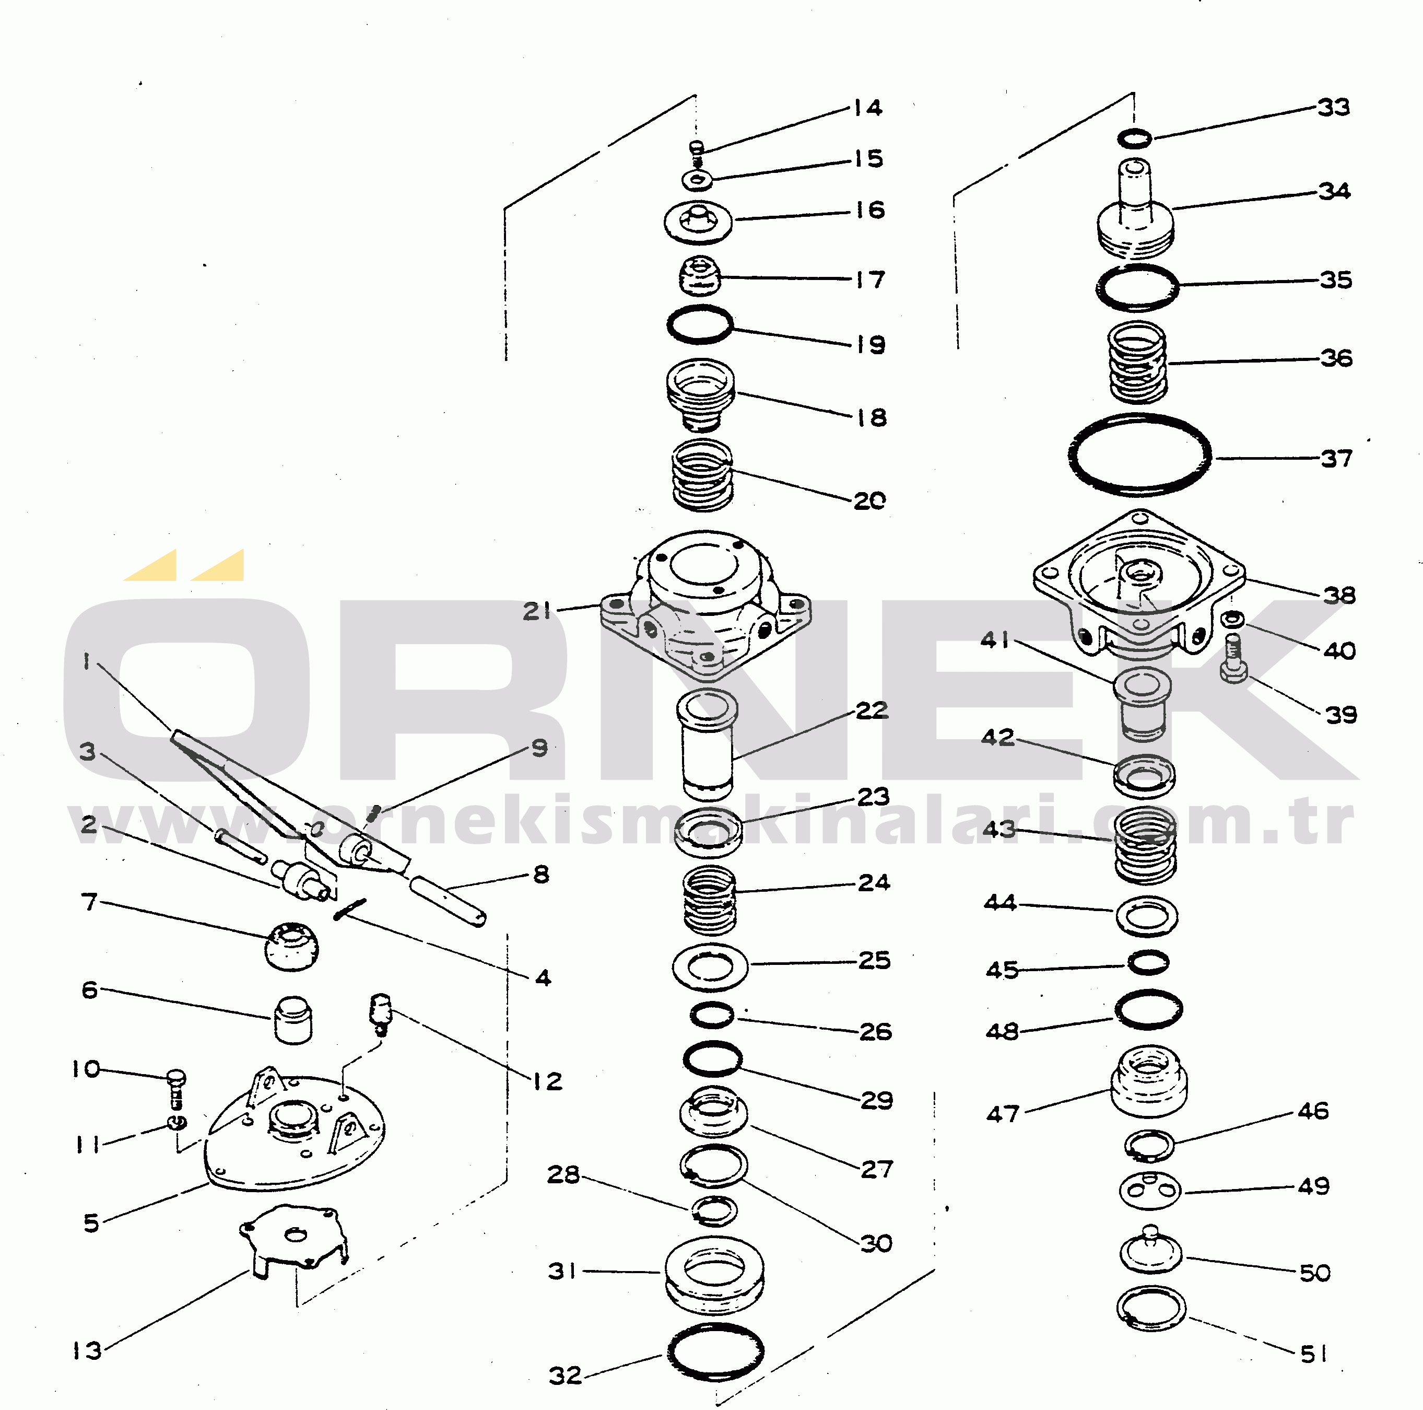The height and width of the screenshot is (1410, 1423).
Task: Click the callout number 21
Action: [536, 611]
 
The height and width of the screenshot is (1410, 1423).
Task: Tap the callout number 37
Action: [1336, 459]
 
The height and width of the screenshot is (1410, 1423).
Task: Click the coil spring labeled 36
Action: [1138, 363]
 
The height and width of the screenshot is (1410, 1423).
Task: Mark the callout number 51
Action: [1314, 1353]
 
